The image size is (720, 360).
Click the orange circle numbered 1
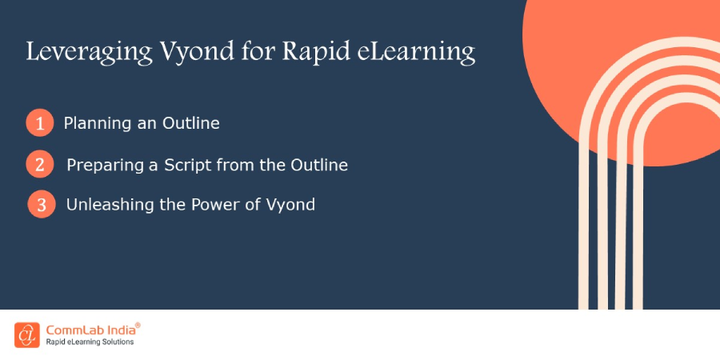(38, 124)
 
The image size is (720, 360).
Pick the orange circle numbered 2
(38, 165)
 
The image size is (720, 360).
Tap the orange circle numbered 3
(41, 204)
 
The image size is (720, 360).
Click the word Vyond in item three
(288, 205)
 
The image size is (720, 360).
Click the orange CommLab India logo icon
(26, 334)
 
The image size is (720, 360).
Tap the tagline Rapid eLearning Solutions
(89, 342)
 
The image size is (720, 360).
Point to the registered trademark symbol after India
(138, 326)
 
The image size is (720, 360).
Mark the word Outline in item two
(319, 165)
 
